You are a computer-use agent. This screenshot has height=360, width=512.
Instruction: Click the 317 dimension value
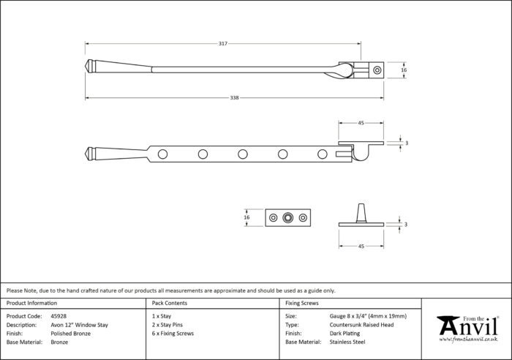pos(223,43)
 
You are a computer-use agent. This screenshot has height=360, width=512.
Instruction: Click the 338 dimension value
pos(235,97)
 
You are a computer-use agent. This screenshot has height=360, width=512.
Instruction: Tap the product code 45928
pos(59,316)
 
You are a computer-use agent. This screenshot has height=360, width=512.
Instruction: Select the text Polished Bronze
pos(70,334)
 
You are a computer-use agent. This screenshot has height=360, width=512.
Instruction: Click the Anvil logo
pos(468,329)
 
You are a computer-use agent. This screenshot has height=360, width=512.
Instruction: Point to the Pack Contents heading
pos(170,303)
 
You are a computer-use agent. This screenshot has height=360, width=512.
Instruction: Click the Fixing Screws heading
pos(301,303)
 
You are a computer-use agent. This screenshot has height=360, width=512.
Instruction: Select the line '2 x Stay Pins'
pos(167,325)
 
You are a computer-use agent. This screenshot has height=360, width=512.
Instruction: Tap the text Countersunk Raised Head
pos(361,325)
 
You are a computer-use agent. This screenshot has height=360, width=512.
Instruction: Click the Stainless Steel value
pos(347,342)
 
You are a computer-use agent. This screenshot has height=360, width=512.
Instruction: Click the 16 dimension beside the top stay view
pos(404,70)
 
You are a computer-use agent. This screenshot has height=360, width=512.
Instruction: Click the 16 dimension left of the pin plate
pos(246,217)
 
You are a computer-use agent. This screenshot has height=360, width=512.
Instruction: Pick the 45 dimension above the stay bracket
pos(361,123)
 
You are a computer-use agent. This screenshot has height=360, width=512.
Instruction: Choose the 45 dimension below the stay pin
pos(361,247)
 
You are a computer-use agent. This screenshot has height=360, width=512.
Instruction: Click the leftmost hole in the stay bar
pos(162,154)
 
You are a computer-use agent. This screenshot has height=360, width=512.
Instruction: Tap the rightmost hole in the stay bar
pos(323,154)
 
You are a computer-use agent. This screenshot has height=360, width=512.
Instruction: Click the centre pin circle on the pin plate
pos(287,217)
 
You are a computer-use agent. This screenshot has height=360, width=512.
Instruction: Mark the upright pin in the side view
pos(361,213)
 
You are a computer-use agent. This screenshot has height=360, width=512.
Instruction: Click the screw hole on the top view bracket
pos(377,70)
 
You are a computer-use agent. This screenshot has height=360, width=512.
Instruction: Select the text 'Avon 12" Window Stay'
pos(79,325)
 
